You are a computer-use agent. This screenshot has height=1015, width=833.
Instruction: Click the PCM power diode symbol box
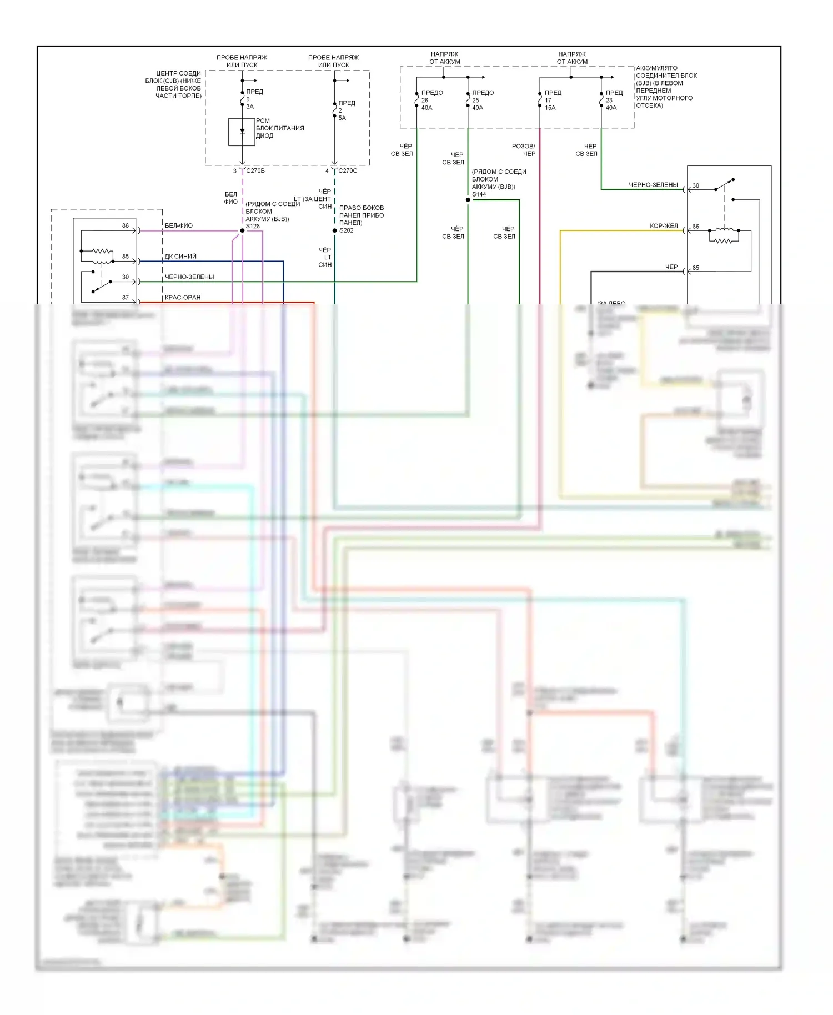tap(242, 132)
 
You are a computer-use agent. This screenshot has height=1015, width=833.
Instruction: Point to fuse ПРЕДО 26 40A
tap(417, 101)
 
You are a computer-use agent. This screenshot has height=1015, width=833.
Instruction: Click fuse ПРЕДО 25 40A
tap(468, 101)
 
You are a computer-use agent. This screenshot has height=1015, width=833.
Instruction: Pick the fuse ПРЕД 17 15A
tap(540, 101)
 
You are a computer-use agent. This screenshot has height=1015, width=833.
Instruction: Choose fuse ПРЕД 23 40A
tap(601, 101)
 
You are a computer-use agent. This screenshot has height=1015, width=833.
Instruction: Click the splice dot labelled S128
tap(242, 230)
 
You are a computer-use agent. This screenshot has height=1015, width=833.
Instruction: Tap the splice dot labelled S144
tap(468, 200)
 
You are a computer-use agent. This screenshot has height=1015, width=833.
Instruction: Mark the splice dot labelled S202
tap(334, 230)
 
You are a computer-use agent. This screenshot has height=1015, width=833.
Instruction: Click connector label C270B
tap(255, 171)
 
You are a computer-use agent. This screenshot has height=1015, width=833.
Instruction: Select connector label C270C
tap(348, 171)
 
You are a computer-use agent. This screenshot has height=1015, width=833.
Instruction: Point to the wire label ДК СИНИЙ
tap(180, 257)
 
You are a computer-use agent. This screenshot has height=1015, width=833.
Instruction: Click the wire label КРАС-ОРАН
tap(183, 298)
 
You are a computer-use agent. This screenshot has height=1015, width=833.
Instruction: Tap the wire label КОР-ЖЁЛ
tap(664, 226)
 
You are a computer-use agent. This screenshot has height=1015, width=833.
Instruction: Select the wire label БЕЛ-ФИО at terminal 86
tap(179, 225)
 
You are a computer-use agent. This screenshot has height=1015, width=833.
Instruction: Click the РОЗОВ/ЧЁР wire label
tap(524, 150)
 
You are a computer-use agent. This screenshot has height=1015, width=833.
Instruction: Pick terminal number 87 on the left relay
tap(126, 298)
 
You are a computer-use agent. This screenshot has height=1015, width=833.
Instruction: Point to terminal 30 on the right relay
tap(696, 186)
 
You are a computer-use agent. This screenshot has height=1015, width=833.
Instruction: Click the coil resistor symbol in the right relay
tap(722, 240)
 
